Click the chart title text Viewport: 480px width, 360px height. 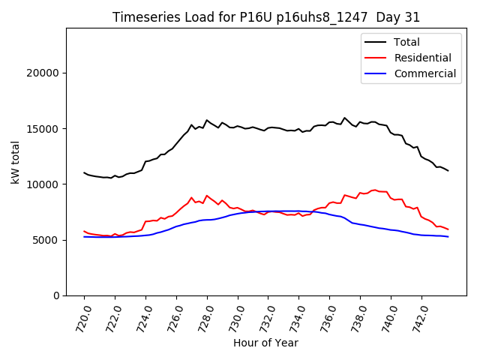(266, 17)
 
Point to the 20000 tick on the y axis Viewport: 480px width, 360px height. (44, 73)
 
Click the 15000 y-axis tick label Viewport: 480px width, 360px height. (44, 128)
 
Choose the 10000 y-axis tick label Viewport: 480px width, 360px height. (44, 184)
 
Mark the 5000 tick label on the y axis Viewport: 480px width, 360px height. (47, 240)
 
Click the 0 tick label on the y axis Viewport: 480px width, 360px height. (57, 295)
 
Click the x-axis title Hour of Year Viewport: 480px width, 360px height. (265, 343)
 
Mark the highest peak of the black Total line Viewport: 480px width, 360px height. (345, 118)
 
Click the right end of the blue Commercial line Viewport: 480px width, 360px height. (448, 237)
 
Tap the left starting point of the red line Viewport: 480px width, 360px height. (84, 231)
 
